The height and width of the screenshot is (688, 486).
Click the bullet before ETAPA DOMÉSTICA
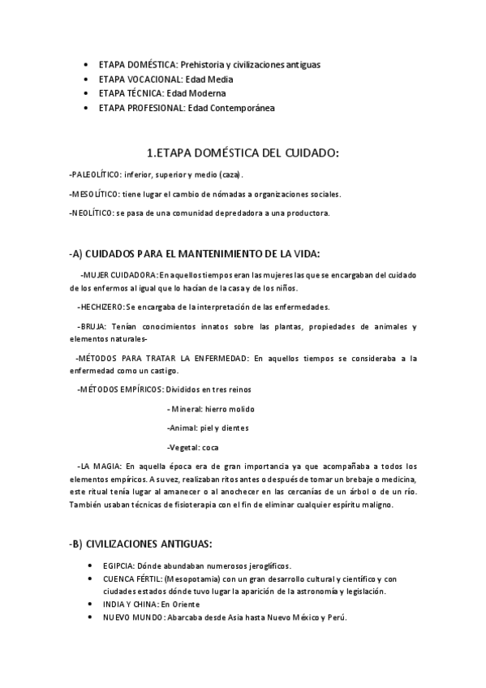87,64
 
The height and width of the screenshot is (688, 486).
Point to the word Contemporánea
243,108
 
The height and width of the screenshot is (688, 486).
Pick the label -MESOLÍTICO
93,194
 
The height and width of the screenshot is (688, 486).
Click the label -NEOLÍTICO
91,213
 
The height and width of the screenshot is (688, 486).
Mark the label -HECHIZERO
100,307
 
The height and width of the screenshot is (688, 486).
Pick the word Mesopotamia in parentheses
199,578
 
